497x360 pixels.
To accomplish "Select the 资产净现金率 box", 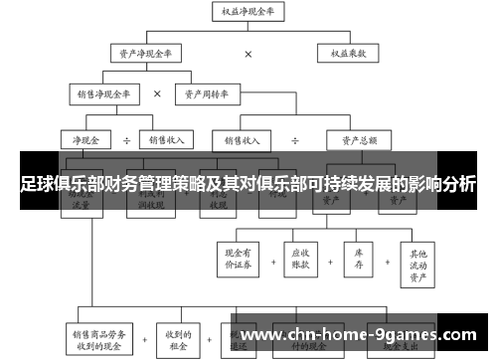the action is point(146,53).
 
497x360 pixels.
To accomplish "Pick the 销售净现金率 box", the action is point(104,94).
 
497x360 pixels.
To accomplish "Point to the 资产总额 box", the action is point(356,140).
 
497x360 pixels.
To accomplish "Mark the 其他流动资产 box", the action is point(419,258).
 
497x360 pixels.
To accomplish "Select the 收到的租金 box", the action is point(179,337).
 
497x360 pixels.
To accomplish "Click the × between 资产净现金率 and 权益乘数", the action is point(248,54).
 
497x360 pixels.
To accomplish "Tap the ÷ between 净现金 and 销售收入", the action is point(127,140).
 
